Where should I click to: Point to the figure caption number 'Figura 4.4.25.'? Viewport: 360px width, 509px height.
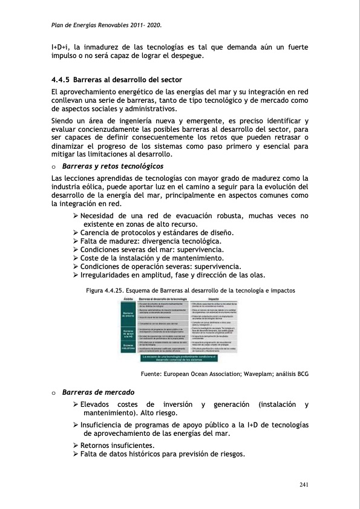(106, 290)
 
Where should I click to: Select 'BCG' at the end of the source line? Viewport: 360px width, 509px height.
(302, 374)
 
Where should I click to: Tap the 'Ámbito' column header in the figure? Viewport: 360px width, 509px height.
(128, 299)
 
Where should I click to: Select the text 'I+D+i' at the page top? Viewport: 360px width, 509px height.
(61, 46)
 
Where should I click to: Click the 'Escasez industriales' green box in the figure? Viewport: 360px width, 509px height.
(128, 347)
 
